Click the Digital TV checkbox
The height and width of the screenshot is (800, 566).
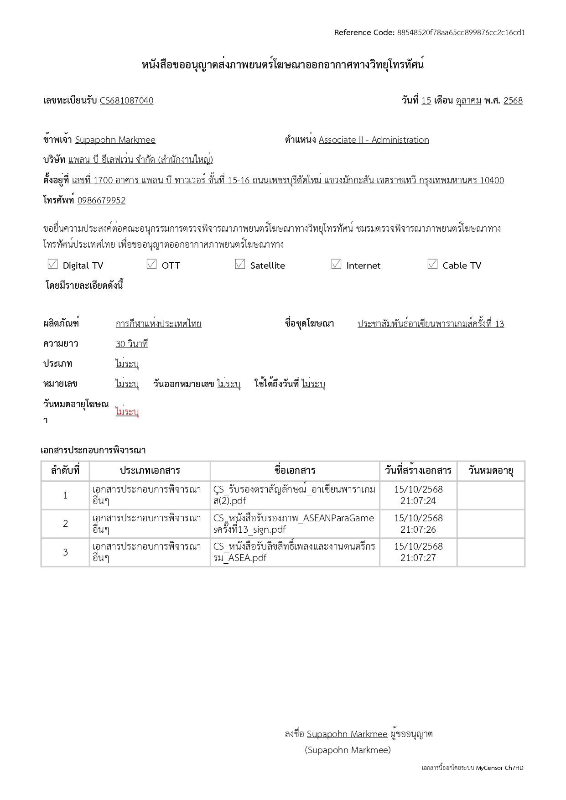[53, 265]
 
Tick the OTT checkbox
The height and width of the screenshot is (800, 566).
[152, 265]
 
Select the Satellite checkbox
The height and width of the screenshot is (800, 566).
[240, 265]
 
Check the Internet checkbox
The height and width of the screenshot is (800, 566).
[337, 265]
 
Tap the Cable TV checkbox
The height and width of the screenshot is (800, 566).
[433, 265]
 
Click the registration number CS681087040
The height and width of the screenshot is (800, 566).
[126, 100]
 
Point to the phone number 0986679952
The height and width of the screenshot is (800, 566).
[101, 200]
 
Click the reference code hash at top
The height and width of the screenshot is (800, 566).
[461, 32]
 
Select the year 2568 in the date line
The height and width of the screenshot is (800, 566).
[513, 100]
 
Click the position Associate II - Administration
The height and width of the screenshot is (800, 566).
[374, 140]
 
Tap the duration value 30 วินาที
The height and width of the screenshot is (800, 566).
[132, 344]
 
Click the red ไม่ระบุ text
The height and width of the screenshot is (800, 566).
[127, 411]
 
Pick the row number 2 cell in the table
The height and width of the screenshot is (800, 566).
[65, 524]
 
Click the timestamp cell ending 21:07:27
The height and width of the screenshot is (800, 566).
[418, 552]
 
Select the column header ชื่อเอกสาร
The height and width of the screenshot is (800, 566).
[295, 471]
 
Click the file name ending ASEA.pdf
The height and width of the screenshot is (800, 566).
[294, 552]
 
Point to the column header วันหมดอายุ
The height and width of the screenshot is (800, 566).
[491, 471]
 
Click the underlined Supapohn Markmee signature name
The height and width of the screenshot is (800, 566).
[347, 734]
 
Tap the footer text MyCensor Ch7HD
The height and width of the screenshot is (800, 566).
[499, 768]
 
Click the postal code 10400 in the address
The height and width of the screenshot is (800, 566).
[492, 180]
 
